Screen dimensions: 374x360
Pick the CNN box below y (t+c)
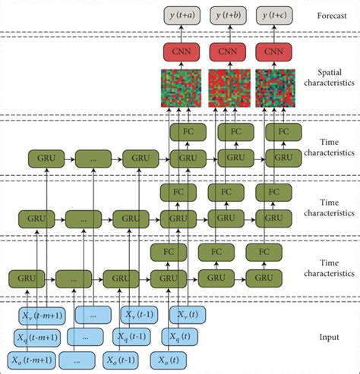[x=273, y=52]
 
